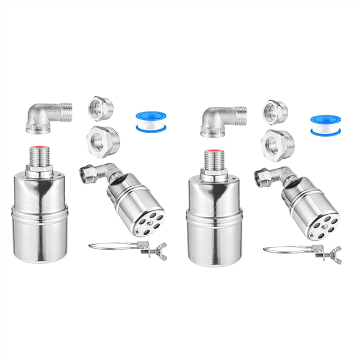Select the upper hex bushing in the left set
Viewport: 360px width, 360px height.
tap(101, 109)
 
